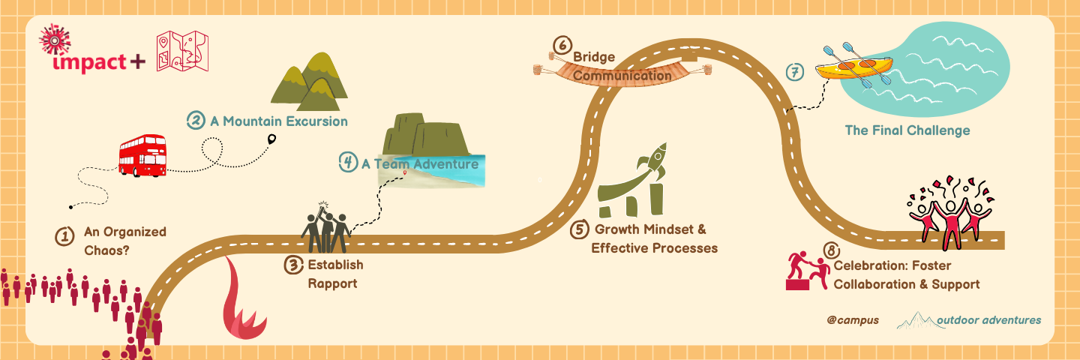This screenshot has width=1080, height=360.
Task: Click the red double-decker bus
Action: (142, 156)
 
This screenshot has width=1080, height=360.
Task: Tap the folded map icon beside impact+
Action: (182, 51)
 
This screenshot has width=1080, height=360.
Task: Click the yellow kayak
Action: (853, 67)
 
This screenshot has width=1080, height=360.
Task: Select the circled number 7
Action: (794, 72)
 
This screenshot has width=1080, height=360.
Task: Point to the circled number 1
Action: (64, 236)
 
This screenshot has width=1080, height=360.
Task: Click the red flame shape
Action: (244, 301)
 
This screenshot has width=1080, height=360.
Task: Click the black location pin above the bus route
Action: (272, 139)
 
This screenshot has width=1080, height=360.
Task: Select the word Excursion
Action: (316, 121)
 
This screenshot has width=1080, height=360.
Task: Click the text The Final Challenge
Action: (907, 130)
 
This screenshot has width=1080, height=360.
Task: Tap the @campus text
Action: (853, 320)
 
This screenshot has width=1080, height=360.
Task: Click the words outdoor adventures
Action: (988, 320)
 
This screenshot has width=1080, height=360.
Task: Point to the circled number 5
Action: (580, 229)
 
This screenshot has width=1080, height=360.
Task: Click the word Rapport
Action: (333, 283)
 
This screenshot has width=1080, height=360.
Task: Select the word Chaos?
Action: (106, 250)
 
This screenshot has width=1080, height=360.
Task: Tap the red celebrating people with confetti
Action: (949, 212)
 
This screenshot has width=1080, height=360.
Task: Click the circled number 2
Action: (196, 121)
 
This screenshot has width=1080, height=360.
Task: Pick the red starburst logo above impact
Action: (55, 39)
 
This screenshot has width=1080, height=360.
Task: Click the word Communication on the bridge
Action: (622, 76)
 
